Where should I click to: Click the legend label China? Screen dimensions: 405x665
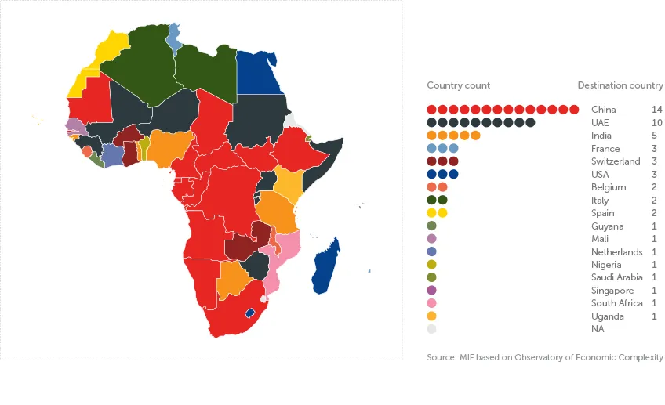pyautogui.click(x=603, y=110)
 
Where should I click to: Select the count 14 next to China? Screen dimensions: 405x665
pyautogui.click(x=656, y=110)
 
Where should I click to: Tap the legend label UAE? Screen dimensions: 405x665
pyautogui.click(x=601, y=123)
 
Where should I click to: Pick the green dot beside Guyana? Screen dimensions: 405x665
pyautogui.click(x=431, y=226)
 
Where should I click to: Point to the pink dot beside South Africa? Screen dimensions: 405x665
pyautogui.click(x=431, y=303)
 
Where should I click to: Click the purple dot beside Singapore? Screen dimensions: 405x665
pyautogui.click(x=431, y=291)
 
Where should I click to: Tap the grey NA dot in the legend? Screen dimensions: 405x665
pyautogui.click(x=431, y=329)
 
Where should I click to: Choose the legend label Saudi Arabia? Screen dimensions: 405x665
pyautogui.click(x=616, y=277)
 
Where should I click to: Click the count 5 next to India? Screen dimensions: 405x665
pyautogui.click(x=656, y=136)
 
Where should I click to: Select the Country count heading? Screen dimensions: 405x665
pyautogui.click(x=459, y=85)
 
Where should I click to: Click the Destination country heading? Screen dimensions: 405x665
pyautogui.click(x=620, y=85)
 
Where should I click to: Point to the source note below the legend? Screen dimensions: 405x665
pyautogui.click(x=545, y=357)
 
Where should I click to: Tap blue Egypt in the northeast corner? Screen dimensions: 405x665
pyautogui.click(x=261, y=73)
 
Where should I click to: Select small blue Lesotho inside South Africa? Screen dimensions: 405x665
pyautogui.click(x=250, y=313)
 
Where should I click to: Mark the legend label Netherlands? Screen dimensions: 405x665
pyautogui.click(x=616, y=252)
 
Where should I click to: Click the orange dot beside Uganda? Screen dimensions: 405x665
pyautogui.click(x=431, y=316)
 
